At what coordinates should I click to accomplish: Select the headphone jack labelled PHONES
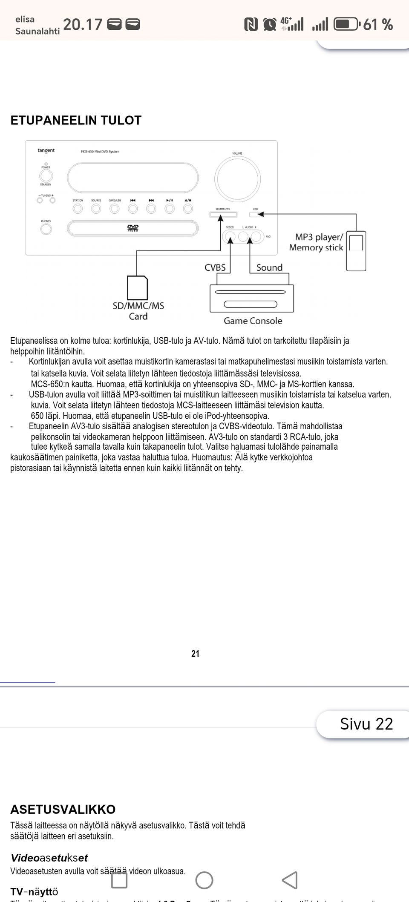pyautogui.click(x=46, y=229)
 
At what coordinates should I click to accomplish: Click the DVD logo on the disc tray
pyautogui.click(x=133, y=228)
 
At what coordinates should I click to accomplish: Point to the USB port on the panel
pyautogui.click(x=256, y=214)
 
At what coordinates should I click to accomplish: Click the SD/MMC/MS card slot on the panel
pyautogui.click(x=223, y=214)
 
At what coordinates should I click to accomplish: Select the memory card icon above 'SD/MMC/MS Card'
pyautogui.click(x=138, y=288)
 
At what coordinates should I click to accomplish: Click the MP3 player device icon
pyautogui.click(x=356, y=251)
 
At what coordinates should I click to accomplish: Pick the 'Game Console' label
pyautogui.click(x=253, y=321)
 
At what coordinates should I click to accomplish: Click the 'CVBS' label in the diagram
pyautogui.click(x=215, y=267)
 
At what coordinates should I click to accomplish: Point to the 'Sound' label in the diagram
pyautogui.click(x=269, y=267)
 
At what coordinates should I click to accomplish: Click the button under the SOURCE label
pyautogui.click(x=96, y=209)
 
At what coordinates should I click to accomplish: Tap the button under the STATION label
pyautogui.click(x=78, y=209)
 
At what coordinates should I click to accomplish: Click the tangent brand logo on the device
pyautogui.click(x=46, y=150)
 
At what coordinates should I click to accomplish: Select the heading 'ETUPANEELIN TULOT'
pyautogui.click(x=76, y=121)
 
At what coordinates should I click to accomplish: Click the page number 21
pyautogui.click(x=195, y=654)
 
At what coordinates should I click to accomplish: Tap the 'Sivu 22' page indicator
pyautogui.click(x=366, y=724)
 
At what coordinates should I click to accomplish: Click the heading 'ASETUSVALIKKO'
pyautogui.click(x=63, y=809)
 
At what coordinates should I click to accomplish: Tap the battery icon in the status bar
pyautogui.click(x=346, y=24)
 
